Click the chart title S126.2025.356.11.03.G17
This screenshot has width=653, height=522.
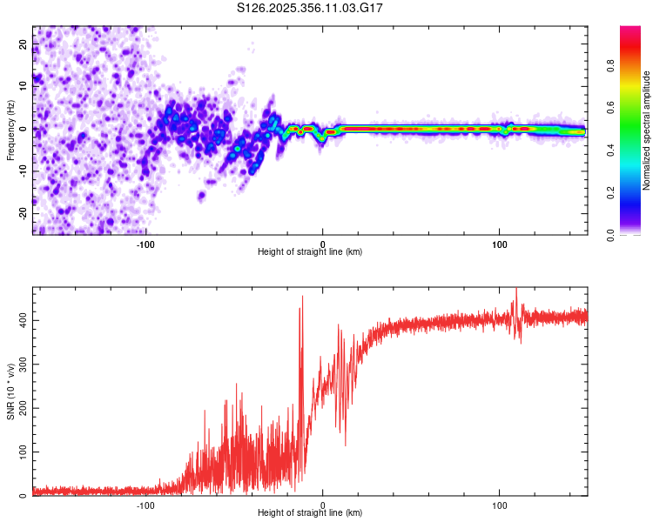[x=311, y=8]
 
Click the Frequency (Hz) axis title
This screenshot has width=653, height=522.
[x=11, y=130]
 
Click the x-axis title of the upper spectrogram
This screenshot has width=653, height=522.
[x=310, y=252]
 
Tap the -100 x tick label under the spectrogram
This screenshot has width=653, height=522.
[x=145, y=244]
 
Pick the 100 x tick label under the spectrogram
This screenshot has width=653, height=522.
[x=500, y=244]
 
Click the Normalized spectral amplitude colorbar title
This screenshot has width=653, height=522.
[x=647, y=130]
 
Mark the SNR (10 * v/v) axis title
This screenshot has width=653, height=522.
[x=11, y=391]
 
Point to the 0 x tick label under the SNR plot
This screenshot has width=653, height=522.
[x=323, y=505]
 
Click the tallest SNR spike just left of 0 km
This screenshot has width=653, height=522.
[x=302, y=298]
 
